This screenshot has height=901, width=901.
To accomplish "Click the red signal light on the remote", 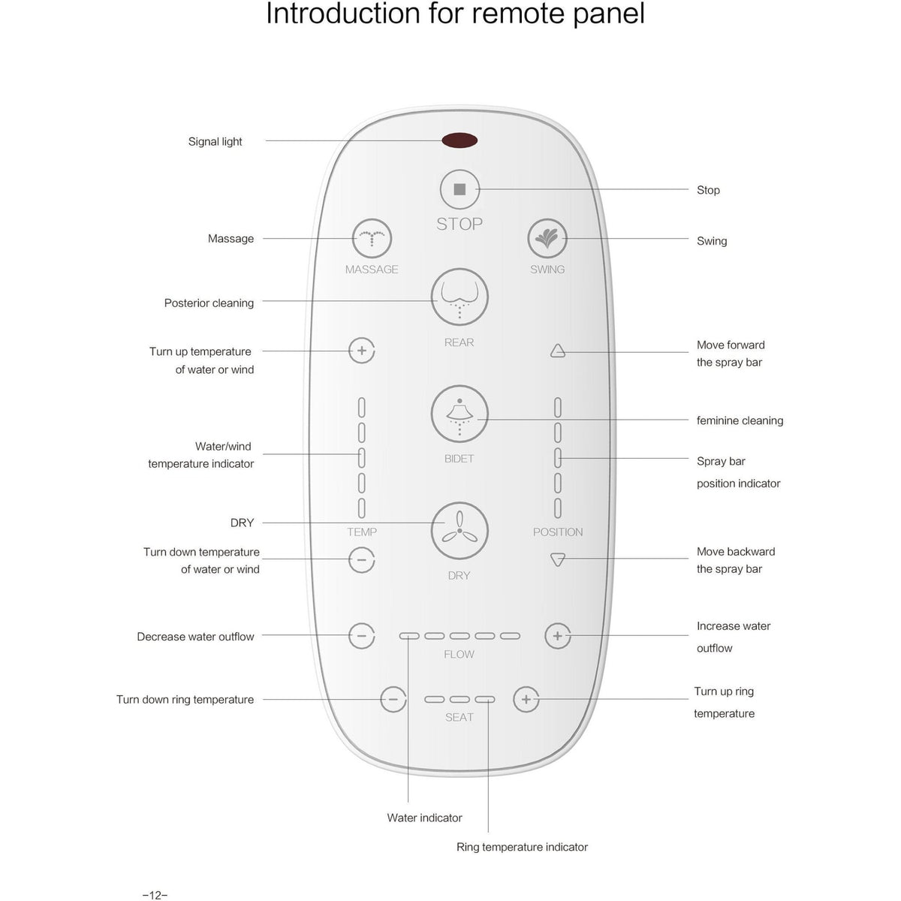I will (x=460, y=140).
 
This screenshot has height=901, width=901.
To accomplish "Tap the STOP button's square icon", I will (x=460, y=189).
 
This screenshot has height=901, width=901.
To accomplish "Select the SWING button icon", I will (x=547, y=239).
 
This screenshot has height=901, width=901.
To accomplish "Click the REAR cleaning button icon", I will (x=460, y=297).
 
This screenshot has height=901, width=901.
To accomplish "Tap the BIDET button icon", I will (x=460, y=414).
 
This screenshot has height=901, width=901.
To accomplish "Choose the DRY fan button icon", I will (x=460, y=531).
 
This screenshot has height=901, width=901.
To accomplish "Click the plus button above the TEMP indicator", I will (x=362, y=351).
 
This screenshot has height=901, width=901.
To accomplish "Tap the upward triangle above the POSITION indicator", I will (x=557, y=351).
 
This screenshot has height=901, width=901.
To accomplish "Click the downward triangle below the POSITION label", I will (x=557, y=559).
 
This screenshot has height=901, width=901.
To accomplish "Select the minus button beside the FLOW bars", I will (x=362, y=636).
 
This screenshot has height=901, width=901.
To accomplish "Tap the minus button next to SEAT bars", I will (x=393, y=699).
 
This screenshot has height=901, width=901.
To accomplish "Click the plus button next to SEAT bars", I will (x=526, y=699).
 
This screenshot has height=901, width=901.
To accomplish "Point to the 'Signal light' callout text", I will (x=215, y=141).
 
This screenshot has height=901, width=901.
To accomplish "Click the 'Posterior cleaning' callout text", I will (x=209, y=303).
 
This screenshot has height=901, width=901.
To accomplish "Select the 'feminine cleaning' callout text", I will (x=740, y=420).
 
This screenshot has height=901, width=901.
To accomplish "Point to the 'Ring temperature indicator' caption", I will (x=522, y=847).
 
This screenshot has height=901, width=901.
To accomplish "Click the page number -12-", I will (x=155, y=895).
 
